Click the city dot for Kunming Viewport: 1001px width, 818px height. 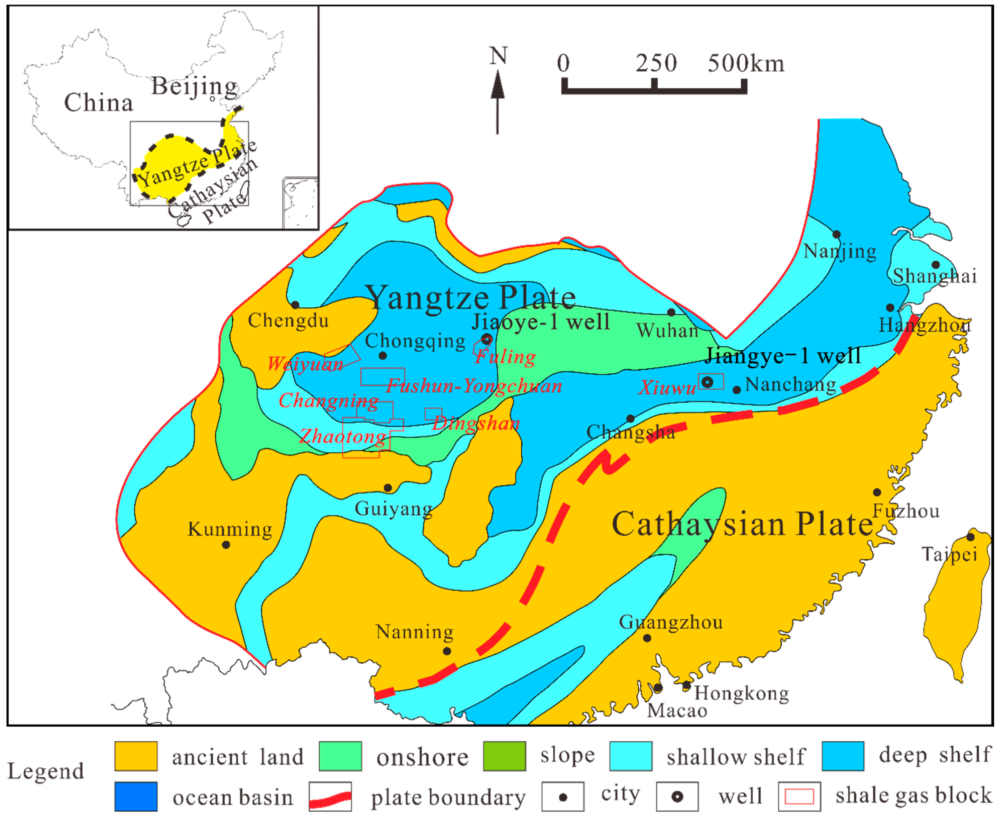(226, 545)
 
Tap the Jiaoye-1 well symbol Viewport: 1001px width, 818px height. (487, 339)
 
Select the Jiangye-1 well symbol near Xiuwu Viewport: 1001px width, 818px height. (707, 382)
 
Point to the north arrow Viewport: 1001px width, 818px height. (498, 101)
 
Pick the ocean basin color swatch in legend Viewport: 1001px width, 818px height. (136, 796)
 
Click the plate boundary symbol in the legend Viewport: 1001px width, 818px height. (330, 796)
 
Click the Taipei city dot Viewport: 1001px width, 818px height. (971, 537)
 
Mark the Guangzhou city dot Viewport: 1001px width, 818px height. (647, 638)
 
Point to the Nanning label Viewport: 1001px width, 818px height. (414, 632)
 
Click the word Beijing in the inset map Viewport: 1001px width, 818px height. (194, 87)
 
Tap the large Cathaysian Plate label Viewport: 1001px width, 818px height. (742, 524)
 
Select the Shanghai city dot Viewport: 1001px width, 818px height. (936, 265)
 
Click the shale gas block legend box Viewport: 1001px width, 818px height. (799, 796)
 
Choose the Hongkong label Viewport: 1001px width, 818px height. (741, 693)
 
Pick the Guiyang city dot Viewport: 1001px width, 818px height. (388, 488)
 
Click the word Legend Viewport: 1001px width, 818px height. (46, 771)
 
